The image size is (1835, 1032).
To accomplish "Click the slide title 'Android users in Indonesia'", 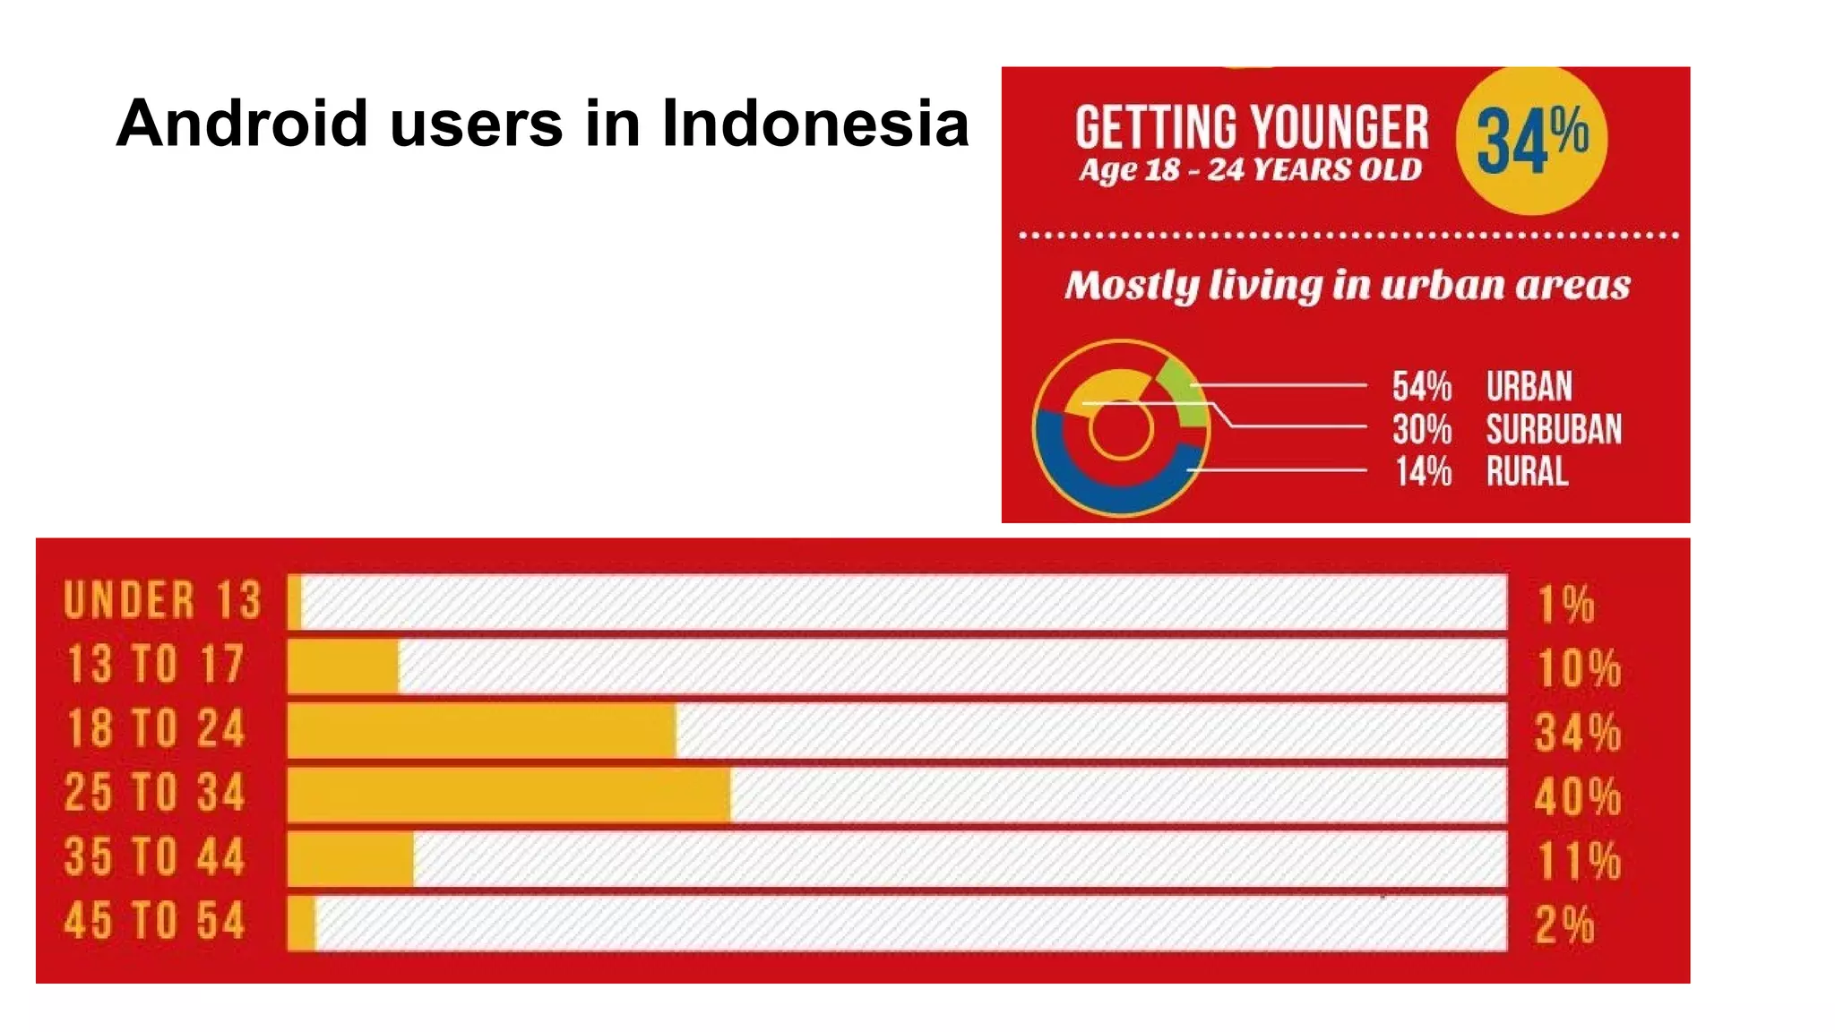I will [542, 123].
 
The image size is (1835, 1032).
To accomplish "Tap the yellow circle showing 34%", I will [1531, 140].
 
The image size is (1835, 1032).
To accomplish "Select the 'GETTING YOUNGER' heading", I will [1251, 127].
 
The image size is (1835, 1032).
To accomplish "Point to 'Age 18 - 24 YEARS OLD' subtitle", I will [1250, 169].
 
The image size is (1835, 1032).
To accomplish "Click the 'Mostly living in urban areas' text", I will [1347, 285].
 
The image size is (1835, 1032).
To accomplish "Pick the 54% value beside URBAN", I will [1422, 386].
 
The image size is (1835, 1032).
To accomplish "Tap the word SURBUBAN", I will [1554, 429].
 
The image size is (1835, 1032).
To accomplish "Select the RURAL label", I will [1528, 471].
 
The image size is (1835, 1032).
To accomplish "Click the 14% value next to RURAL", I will [1423, 471].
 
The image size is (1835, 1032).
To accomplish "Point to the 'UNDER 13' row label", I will [162, 600].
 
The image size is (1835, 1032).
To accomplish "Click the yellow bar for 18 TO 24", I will [482, 731].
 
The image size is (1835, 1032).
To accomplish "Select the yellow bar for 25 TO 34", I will [509, 795].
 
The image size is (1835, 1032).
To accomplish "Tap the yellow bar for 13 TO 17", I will [343, 666].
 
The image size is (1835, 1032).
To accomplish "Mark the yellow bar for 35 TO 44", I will [350, 859].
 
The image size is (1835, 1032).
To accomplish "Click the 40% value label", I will [1577, 796].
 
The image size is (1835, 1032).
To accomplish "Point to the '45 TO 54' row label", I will [154, 922].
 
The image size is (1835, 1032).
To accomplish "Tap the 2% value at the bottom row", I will [1564, 924].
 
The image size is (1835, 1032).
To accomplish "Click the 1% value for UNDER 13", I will [1566, 604].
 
